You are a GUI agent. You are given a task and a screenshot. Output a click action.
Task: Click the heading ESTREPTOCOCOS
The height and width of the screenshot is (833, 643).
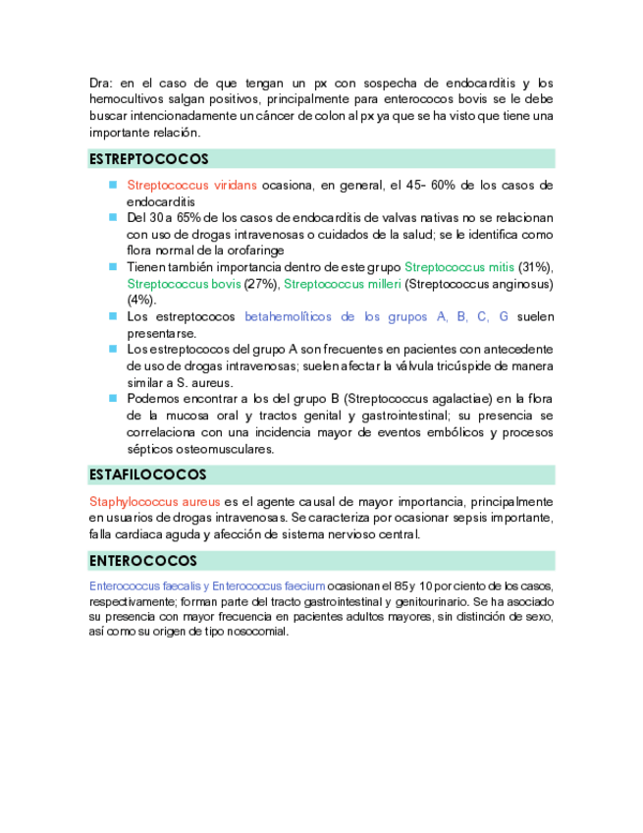click(149, 159)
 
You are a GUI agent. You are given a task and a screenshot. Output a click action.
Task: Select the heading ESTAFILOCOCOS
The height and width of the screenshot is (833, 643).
click(148, 475)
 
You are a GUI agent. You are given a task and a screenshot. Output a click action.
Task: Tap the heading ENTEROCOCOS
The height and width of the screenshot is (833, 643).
click(143, 561)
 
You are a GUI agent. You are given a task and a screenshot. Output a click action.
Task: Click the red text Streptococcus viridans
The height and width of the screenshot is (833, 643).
click(192, 185)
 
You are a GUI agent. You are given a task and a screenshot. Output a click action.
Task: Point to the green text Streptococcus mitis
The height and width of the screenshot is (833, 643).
click(459, 267)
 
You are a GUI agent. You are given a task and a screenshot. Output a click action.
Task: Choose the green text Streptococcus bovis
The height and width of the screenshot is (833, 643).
click(184, 284)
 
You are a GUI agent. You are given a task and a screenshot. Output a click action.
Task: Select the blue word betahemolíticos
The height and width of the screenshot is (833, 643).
click(289, 316)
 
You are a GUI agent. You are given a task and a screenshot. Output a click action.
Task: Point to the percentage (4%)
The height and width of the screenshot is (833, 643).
click(141, 300)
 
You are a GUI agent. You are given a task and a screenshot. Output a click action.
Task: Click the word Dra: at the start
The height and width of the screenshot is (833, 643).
click(102, 83)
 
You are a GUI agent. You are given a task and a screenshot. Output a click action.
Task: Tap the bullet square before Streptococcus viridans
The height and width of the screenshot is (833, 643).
click(113, 185)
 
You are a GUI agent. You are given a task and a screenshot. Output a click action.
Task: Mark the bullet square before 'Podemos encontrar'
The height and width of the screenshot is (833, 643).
click(113, 398)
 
